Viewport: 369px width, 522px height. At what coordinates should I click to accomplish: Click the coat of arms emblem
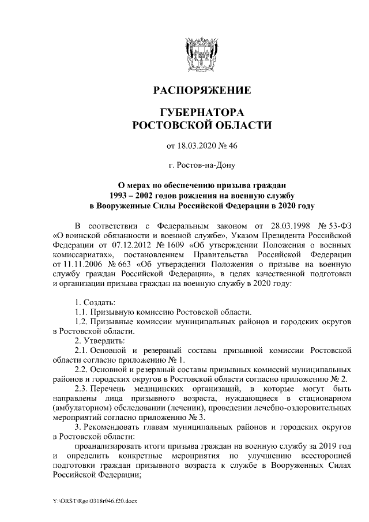(201, 51)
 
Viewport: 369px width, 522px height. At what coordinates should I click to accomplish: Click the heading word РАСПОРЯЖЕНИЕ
(201, 91)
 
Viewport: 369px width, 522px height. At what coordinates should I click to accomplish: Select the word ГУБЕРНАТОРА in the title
(201, 111)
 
